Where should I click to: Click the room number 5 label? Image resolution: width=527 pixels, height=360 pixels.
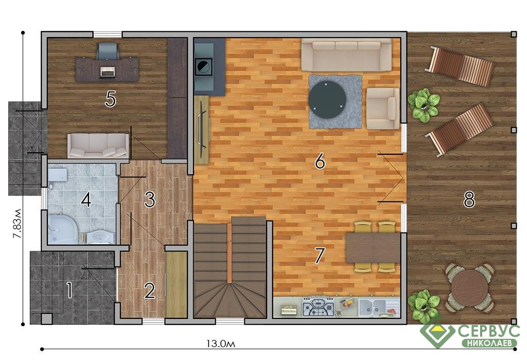click(110, 99)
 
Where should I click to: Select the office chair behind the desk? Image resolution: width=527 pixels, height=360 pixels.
click(108, 50)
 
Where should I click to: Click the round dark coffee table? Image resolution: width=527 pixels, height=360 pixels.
click(327, 99)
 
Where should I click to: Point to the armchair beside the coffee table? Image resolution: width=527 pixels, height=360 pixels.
click(382, 109)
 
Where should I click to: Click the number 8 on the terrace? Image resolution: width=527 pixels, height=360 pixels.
click(469, 200)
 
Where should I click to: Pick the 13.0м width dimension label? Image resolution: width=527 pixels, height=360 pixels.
click(220, 344)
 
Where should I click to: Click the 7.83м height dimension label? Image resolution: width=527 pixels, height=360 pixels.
click(17, 224)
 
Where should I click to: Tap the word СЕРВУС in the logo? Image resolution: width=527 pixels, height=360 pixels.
click(489, 332)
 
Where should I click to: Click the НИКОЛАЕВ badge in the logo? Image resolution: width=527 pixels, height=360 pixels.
click(489, 343)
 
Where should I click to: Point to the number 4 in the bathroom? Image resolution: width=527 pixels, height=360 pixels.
click(86, 200)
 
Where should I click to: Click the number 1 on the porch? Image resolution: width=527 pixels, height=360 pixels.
click(69, 290)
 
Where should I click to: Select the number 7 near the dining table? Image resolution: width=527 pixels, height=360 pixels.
click(319, 256)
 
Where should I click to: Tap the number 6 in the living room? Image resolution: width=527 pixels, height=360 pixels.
click(320, 160)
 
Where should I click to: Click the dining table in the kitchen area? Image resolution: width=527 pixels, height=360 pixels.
click(373, 248)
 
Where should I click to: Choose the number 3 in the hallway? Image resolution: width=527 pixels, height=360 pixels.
click(150, 200)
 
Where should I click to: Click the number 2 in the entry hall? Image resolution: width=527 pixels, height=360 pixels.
click(150, 291)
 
